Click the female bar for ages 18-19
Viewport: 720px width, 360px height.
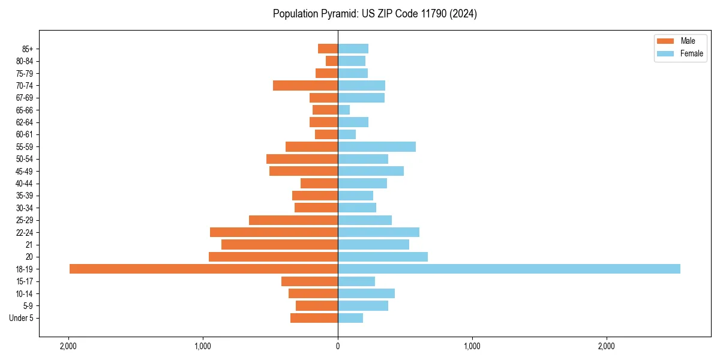pos(509,269)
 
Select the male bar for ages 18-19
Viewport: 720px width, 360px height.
pos(203,269)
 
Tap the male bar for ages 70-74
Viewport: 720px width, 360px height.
pos(305,86)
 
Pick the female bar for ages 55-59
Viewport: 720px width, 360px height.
pos(377,147)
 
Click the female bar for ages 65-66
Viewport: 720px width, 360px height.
pos(344,110)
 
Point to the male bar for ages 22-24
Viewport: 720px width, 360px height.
pos(274,232)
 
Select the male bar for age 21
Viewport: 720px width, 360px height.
pos(280,245)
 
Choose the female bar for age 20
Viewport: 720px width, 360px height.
pos(383,257)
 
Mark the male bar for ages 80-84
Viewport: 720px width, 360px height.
pos(332,61)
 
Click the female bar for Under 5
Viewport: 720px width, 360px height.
pos(350,318)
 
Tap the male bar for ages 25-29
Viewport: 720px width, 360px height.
pos(293,220)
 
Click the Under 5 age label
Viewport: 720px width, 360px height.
pos(22,318)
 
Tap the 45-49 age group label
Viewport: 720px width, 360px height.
pos(25,172)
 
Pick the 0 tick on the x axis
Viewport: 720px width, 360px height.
pos(338,346)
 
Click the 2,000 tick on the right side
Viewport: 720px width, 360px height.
pos(607,346)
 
